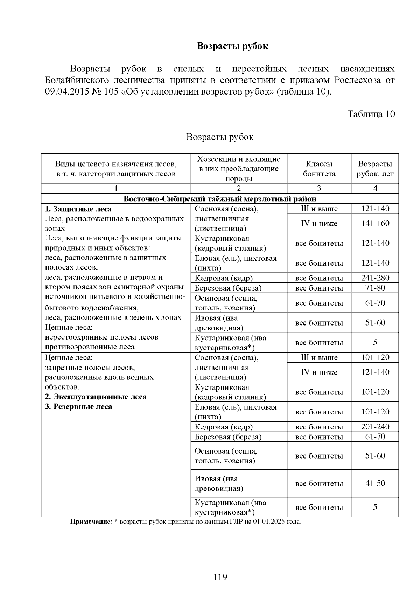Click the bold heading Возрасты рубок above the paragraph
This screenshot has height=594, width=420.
click(232, 46)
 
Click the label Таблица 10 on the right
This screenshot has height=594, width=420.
click(371, 114)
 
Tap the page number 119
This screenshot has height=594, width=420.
click(220, 577)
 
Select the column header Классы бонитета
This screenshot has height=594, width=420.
click(319, 169)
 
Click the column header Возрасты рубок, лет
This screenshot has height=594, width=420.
click(375, 169)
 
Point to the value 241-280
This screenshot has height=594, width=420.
click(375, 278)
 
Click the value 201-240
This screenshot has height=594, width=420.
click(375, 427)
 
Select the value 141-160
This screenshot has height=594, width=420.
click(375, 223)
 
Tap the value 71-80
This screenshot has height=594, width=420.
click(375, 288)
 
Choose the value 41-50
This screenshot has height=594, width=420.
click(375, 483)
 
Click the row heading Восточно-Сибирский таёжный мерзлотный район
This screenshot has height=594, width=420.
click(220, 199)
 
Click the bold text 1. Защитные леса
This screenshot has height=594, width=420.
click(78, 209)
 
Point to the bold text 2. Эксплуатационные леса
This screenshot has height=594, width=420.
click(96, 397)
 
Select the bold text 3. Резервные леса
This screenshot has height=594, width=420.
click(78, 407)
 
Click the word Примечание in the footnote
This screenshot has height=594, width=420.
click(91, 522)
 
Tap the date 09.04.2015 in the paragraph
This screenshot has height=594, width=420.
click(65, 92)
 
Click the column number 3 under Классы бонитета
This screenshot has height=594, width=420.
click(319, 188)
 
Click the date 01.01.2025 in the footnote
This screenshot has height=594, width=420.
click(268, 522)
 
